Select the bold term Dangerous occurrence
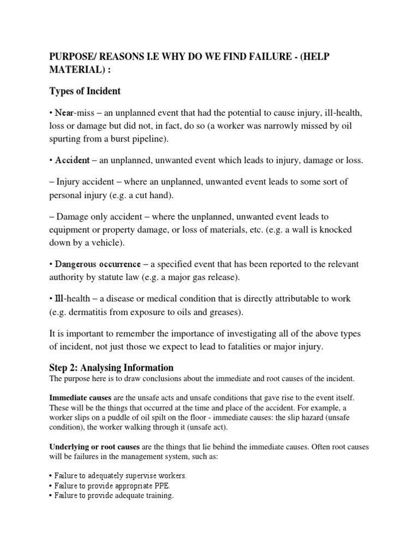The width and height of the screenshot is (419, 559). point(98,265)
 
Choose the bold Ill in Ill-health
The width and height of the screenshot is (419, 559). point(61,299)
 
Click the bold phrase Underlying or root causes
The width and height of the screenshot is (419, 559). point(94,447)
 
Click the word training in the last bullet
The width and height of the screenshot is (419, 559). point(157,496)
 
